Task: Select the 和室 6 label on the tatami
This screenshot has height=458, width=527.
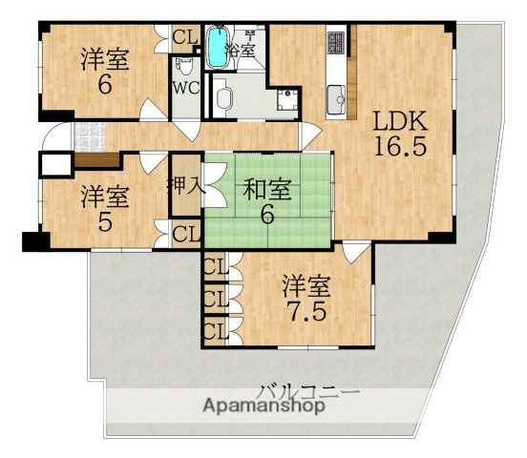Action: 268,201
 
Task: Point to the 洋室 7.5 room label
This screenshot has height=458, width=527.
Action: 307,296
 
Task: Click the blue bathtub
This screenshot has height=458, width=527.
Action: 216,49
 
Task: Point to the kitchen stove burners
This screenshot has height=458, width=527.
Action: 336,43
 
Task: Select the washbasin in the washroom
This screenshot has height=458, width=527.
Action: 225,96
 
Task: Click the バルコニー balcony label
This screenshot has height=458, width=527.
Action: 307,390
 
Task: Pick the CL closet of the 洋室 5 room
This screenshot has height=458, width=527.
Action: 185,232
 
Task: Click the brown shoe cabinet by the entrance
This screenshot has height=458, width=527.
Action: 93,160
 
